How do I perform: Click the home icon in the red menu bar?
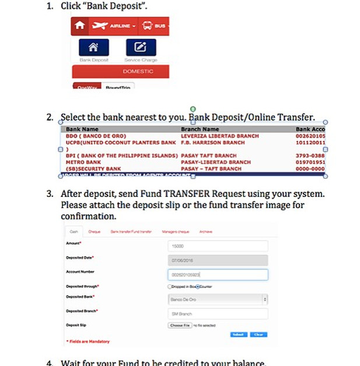click(80, 26)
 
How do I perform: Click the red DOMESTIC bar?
click(121, 71)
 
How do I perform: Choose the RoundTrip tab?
click(118, 87)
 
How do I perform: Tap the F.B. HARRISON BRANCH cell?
click(213, 142)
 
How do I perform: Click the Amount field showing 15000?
click(217, 246)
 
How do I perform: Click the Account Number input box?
click(217, 274)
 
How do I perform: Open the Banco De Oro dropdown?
click(217, 299)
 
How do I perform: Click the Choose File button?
click(179, 325)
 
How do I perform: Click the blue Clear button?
click(258, 335)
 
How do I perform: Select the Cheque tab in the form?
click(94, 231)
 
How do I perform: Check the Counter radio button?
click(198, 287)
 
